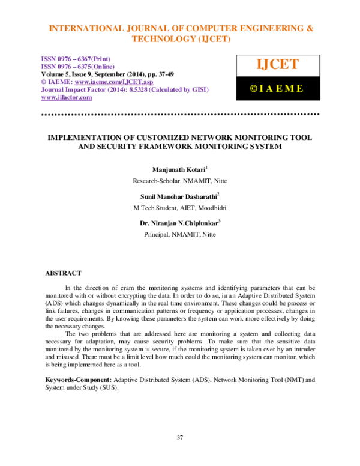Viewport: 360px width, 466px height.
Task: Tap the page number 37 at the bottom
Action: (x=180, y=437)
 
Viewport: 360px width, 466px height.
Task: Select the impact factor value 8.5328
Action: (x=136, y=89)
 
